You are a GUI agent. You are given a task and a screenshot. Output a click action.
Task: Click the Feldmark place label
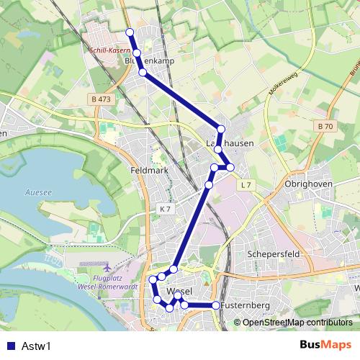click(149, 171)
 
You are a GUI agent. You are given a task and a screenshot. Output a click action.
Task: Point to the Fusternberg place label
click(246, 306)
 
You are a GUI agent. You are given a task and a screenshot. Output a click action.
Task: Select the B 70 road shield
click(325, 126)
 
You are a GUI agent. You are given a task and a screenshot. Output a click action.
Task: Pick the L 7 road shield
click(246, 185)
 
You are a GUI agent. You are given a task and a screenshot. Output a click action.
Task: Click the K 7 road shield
click(165, 209)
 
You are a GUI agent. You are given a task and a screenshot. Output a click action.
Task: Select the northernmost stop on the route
click(130, 32)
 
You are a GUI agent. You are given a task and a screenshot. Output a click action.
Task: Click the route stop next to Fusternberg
click(215, 306)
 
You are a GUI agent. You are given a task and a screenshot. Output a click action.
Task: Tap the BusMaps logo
click(326, 345)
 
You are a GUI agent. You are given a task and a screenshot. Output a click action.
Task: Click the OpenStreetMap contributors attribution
click(297, 323)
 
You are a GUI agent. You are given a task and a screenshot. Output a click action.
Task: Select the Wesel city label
click(178, 291)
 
